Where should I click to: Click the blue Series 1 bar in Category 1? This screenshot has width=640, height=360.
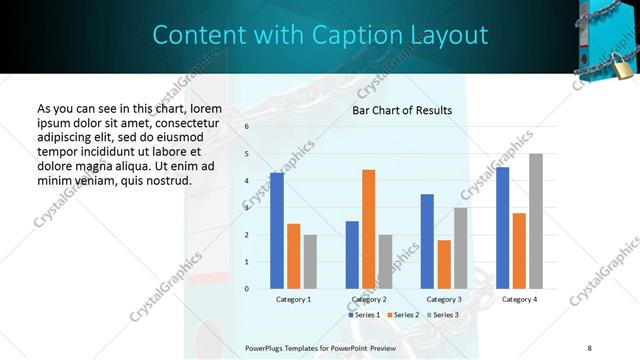tap(277, 231)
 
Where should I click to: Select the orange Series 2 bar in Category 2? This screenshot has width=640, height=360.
tap(369, 229)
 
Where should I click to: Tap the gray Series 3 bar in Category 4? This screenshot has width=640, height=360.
tap(536, 221)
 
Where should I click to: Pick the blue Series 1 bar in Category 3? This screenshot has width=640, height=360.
tap(427, 241)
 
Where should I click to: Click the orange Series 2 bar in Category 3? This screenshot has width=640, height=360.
tap(444, 264)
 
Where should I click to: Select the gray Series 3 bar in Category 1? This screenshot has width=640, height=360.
tap(310, 261)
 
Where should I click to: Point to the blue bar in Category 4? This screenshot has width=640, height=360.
tap(502, 228)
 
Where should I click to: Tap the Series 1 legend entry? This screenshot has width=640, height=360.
tap(364, 315)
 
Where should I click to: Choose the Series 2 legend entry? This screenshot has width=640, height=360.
tap(402, 315)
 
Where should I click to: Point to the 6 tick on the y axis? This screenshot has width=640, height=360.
tap(246, 127)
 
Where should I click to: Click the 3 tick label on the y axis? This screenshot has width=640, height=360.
tap(246, 208)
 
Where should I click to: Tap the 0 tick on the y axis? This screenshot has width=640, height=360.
tap(246, 289)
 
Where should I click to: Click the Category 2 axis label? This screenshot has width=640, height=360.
tap(369, 299)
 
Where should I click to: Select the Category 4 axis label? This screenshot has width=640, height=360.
tap(519, 299)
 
